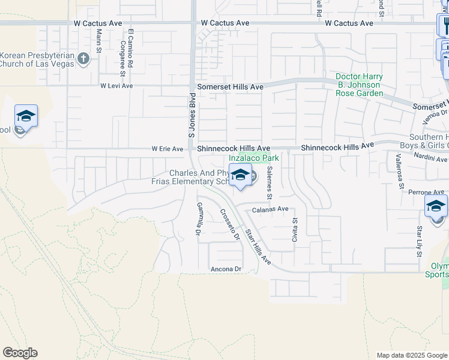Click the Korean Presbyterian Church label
click(37, 59)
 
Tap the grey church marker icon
click(83, 59)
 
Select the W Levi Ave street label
click(117, 86)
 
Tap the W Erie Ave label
click(167, 149)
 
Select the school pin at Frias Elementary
click(240, 176)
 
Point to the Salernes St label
click(270, 184)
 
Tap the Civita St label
click(295, 228)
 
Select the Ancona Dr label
click(225, 269)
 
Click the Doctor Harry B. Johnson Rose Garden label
click(359, 85)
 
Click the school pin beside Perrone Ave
click(436, 206)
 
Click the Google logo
click(20, 353)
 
